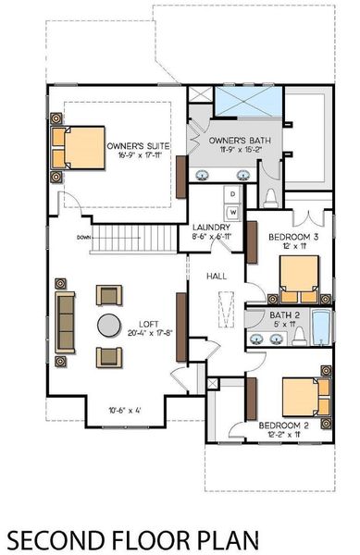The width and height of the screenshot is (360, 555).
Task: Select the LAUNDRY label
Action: (x=211, y=228)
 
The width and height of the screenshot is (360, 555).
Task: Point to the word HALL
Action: (x=217, y=276)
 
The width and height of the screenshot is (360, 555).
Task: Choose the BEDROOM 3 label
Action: (x=294, y=237)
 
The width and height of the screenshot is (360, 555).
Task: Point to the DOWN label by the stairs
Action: (x=85, y=236)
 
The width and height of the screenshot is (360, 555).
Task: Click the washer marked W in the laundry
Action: (x=233, y=212)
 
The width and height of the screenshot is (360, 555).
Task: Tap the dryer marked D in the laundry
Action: (x=233, y=194)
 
